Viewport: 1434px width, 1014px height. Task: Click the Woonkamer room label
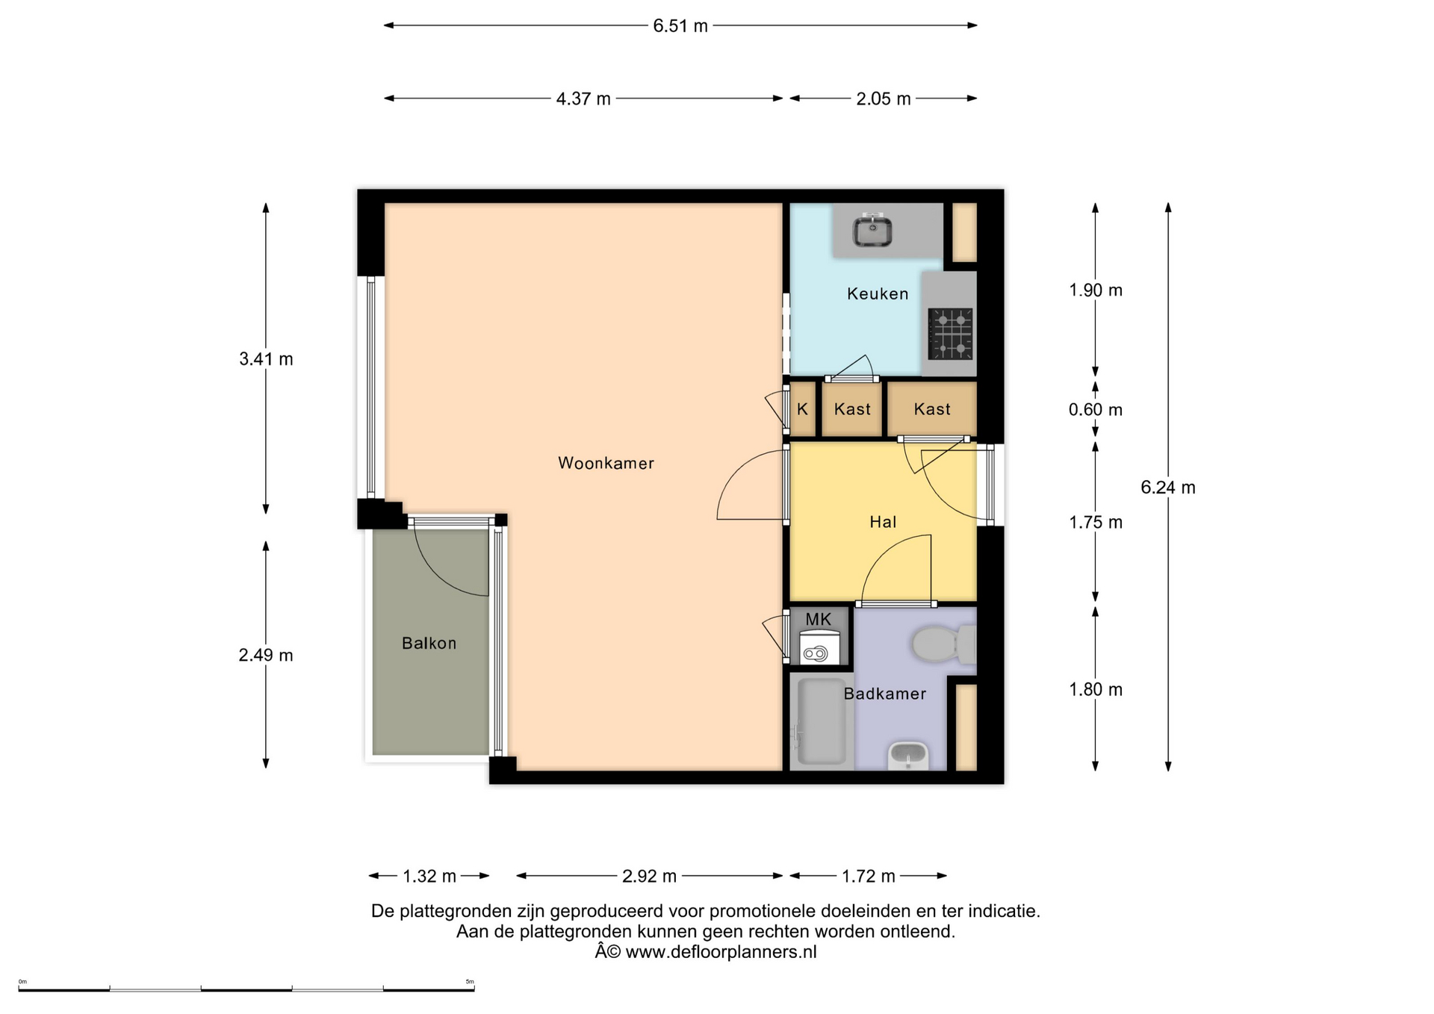pyautogui.click(x=606, y=463)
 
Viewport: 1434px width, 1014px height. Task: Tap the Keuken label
pyautogui.click(x=878, y=293)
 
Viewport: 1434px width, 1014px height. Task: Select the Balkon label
pyautogui.click(x=429, y=643)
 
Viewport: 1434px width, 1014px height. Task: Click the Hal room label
pyautogui.click(x=883, y=522)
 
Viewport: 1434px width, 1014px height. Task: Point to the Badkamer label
pyautogui.click(x=885, y=694)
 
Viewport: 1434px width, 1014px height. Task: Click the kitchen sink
pyautogui.click(x=872, y=229)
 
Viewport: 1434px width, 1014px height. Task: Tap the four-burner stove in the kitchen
pyautogui.click(x=950, y=334)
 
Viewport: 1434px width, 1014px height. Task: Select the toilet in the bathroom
pyautogui.click(x=943, y=644)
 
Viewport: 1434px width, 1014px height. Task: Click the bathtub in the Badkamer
pyautogui.click(x=822, y=721)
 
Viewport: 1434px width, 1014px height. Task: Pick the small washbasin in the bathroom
pyautogui.click(x=908, y=756)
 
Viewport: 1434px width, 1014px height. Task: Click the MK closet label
pyautogui.click(x=819, y=619)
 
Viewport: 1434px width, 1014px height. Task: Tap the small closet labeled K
pyautogui.click(x=803, y=409)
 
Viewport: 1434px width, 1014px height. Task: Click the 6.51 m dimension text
pyautogui.click(x=680, y=26)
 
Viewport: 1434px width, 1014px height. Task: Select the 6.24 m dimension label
pyautogui.click(x=1168, y=488)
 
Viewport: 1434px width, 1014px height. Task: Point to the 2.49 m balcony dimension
pyautogui.click(x=266, y=656)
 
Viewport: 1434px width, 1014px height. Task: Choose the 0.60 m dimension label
pyautogui.click(x=1096, y=410)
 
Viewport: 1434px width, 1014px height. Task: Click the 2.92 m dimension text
pyautogui.click(x=649, y=876)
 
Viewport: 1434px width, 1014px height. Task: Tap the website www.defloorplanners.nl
pyautogui.click(x=721, y=952)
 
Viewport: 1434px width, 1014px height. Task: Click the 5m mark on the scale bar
pyautogui.click(x=470, y=982)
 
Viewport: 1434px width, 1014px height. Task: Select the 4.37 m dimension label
pyautogui.click(x=583, y=99)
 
